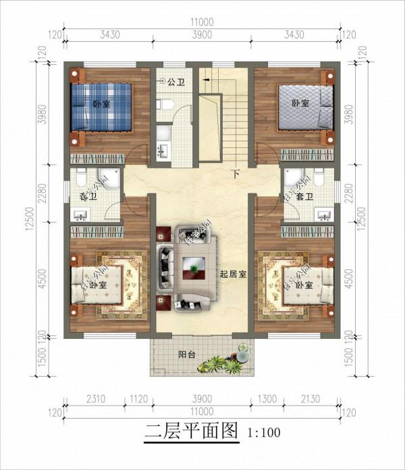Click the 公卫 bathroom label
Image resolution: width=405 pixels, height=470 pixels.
click(175, 82)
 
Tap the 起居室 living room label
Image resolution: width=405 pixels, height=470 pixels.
click(232, 275)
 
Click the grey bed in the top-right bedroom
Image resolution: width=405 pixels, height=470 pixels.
click(304, 108)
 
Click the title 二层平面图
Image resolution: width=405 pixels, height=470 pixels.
click(193, 429)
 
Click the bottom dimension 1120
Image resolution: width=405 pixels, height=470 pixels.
click(138, 399)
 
